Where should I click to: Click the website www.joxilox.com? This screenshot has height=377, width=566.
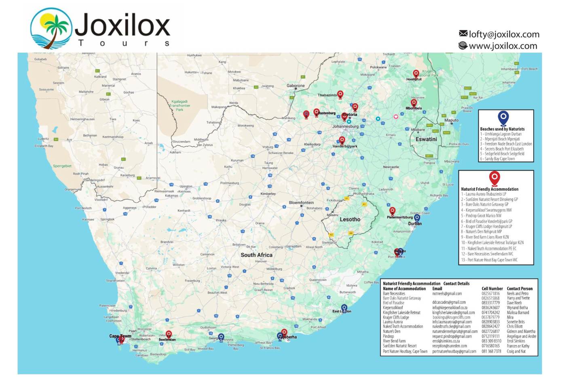(x=503, y=46)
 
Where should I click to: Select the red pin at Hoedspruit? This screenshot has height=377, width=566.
(x=416, y=74)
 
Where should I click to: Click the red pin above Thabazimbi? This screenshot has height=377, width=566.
(x=340, y=94)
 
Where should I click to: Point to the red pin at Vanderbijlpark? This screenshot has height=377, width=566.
(x=342, y=140)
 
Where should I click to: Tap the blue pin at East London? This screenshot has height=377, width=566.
(x=344, y=308)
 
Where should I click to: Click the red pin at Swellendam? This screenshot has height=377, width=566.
(x=169, y=334)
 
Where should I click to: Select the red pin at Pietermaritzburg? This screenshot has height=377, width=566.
(x=392, y=211)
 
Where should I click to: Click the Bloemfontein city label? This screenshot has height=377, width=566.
(x=301, y=203)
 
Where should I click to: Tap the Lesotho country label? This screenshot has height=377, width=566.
(x=350, y=219)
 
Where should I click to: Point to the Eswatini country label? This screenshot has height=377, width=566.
(x=426, y=139)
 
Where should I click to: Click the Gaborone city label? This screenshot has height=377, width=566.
(x=296, y=86)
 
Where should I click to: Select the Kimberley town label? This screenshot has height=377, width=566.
(x=268, y=194)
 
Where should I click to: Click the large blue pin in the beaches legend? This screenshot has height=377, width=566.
(x=503, y=118)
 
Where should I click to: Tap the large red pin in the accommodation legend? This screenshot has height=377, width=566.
(x=494, y=177)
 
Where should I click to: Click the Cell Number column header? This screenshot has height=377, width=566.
(x=492, y=289)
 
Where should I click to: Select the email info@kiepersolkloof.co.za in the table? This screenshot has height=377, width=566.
(x=450, y=307)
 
